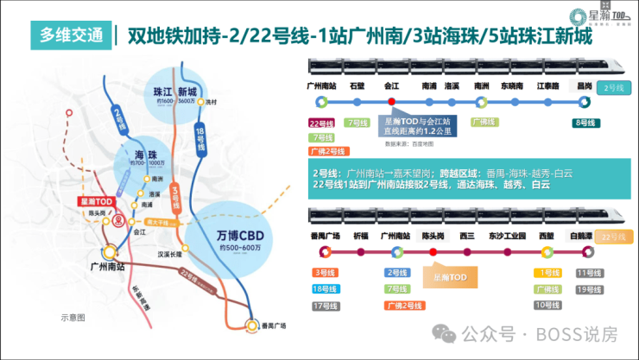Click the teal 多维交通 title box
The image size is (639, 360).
72,35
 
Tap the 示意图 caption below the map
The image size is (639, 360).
73,318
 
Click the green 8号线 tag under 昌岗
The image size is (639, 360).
585,123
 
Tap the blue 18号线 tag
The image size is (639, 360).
325,289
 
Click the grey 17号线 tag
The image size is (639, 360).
325,306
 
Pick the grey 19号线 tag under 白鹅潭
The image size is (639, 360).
588,289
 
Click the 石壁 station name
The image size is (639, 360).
358,86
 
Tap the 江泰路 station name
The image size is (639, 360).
548,86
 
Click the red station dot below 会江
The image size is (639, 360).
391,102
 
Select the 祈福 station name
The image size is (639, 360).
360,236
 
